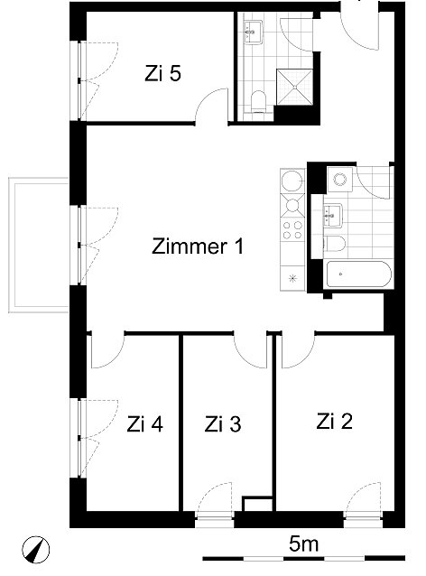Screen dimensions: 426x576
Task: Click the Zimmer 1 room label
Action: (x=198, y=246)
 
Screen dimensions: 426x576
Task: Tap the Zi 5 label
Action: (x=162, y=73)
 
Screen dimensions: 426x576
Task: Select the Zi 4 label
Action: (x=144, y=424)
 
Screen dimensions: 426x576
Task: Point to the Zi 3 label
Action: (x=223, y=424)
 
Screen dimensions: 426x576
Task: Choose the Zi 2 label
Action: (x=334, y=422)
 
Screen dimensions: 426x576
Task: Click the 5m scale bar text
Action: (x=303, y=543)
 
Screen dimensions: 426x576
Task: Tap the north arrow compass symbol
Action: (x=35, y=550)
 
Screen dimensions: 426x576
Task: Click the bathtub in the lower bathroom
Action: (x=358, y=274)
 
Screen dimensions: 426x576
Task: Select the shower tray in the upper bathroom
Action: (x=294, y=87)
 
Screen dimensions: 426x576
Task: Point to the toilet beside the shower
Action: (x=258, y=102)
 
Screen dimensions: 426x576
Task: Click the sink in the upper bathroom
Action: (x=254, y=32)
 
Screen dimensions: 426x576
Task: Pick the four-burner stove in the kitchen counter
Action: (x=292, y=230)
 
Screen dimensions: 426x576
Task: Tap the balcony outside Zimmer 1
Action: (x=39, y=245)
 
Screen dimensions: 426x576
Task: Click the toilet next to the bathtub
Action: (x=335, y=244)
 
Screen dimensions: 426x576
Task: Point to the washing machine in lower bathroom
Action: (x=340, y=180)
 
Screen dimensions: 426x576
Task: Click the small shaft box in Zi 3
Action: (x=257, y=504)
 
